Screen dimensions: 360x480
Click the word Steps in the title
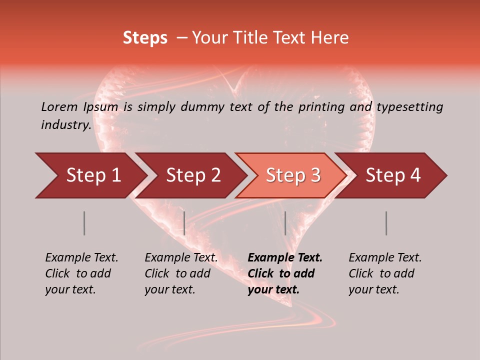click(145, 38)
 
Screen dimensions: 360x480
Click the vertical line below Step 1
click(84, 223)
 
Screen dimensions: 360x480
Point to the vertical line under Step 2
click(184, 223)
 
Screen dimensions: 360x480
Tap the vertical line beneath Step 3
click(285, 223)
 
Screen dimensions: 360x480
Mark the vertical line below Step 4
click(386, 223)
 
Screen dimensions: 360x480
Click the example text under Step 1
click(81, 273)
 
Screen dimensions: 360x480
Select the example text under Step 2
click(181, 273)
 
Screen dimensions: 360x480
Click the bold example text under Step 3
click(285, 273)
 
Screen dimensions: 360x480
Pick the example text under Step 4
click(385, 273)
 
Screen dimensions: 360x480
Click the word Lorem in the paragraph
click(59, 106)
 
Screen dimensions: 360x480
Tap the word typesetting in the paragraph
click(409, 106)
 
